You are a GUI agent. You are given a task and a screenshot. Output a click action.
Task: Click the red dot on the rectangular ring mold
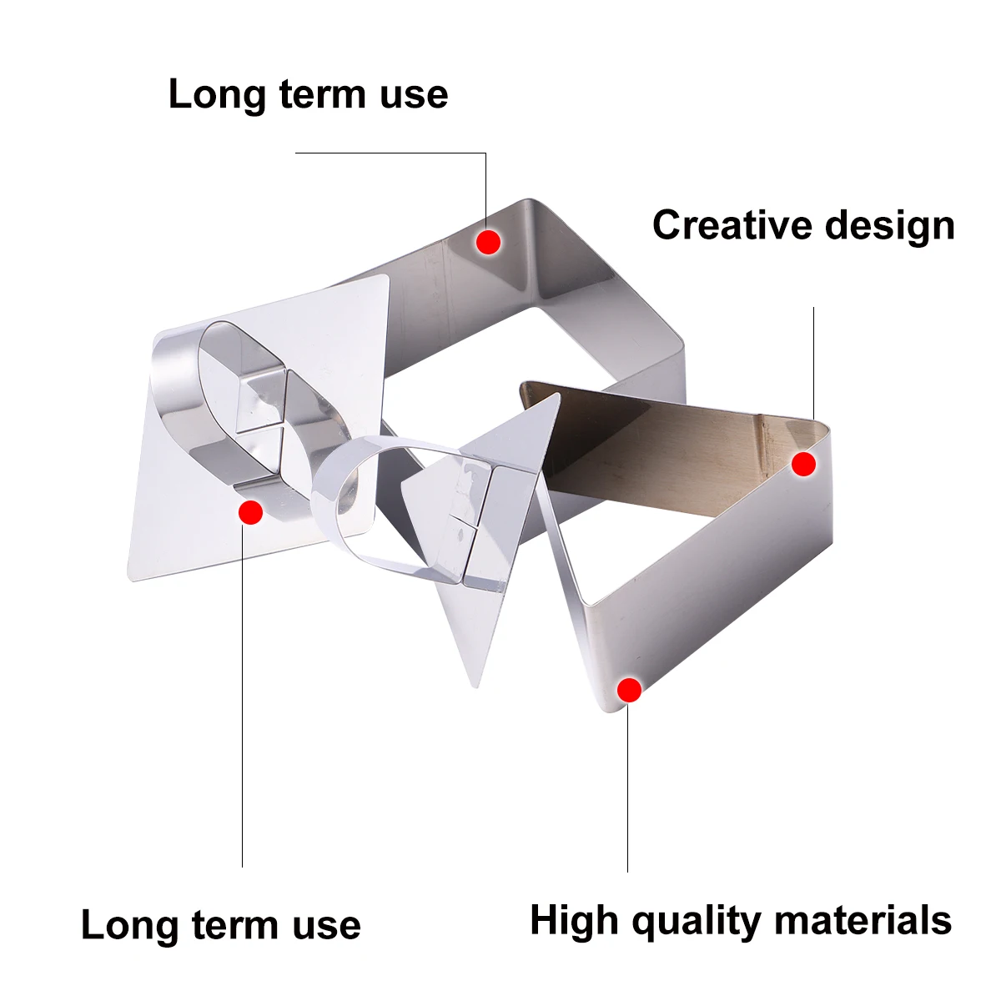tap(488, 242)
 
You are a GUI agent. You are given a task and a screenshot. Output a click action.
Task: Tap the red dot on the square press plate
tap(250, 511)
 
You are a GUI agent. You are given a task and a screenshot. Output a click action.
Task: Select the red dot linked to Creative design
tap(803, 464)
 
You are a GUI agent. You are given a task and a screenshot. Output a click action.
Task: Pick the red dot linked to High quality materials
tap(629, 690)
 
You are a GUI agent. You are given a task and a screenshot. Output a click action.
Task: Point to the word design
tap(889, 225)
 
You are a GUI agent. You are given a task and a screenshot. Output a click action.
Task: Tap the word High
tap(576, 921)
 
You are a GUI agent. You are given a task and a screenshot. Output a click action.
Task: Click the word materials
tap(863, 921)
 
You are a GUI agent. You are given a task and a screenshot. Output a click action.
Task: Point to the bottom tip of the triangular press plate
tap(475, 684)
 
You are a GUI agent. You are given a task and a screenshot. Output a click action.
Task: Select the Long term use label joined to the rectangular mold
tap(308, 93)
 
